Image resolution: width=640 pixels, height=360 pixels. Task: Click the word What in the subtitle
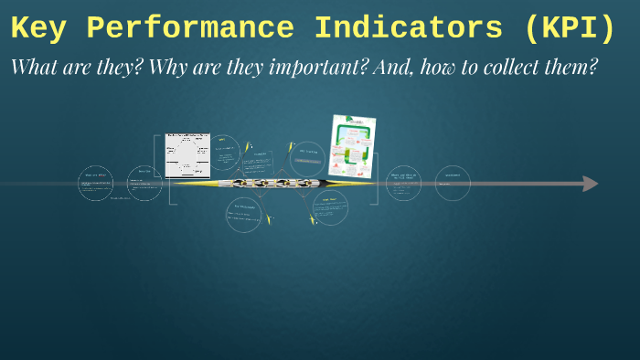point(35,68)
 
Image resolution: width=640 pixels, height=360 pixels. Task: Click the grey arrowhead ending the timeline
point(591,184)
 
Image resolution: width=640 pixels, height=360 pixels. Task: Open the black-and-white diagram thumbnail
point(187,155)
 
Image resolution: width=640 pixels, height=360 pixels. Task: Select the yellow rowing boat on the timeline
point(272,184)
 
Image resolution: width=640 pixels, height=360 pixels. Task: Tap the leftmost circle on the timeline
point(96,184)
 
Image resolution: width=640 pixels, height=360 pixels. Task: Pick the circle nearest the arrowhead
point(453,183)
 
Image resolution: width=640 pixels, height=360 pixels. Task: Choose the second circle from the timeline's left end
point(144,183)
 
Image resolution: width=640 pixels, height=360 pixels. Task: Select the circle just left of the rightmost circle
point(403,183)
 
